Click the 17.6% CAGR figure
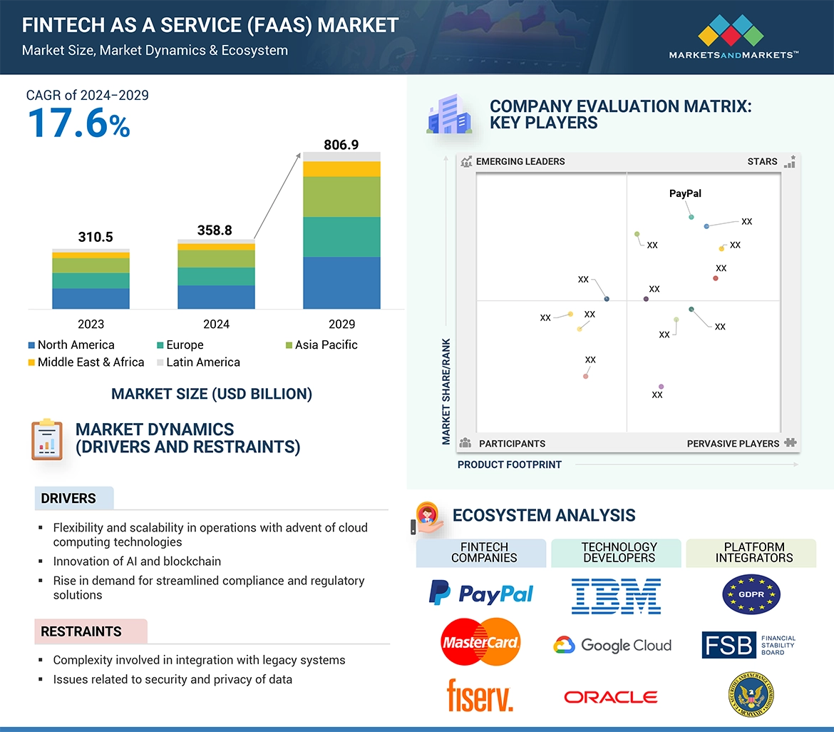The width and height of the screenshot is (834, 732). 78,123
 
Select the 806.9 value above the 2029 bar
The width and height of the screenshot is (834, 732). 341,145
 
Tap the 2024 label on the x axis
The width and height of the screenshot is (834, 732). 216,324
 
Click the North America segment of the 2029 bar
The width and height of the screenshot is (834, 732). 341,283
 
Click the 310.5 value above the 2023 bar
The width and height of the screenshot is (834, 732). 96,237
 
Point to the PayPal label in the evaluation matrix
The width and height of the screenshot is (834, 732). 685,193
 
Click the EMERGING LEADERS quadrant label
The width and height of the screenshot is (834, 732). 520,161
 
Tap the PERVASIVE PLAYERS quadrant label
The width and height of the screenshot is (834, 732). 733,444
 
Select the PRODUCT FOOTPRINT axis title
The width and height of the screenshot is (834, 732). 509,464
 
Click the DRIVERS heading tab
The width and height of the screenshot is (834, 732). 68,499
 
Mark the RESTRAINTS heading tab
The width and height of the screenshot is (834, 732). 81,631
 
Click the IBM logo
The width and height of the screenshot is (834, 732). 616,596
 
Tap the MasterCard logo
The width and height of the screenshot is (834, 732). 480,642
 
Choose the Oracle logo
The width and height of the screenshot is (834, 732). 610,697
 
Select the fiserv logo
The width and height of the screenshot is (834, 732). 480,695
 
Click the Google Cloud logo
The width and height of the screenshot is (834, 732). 612,645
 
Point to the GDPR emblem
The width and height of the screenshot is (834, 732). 751,594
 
